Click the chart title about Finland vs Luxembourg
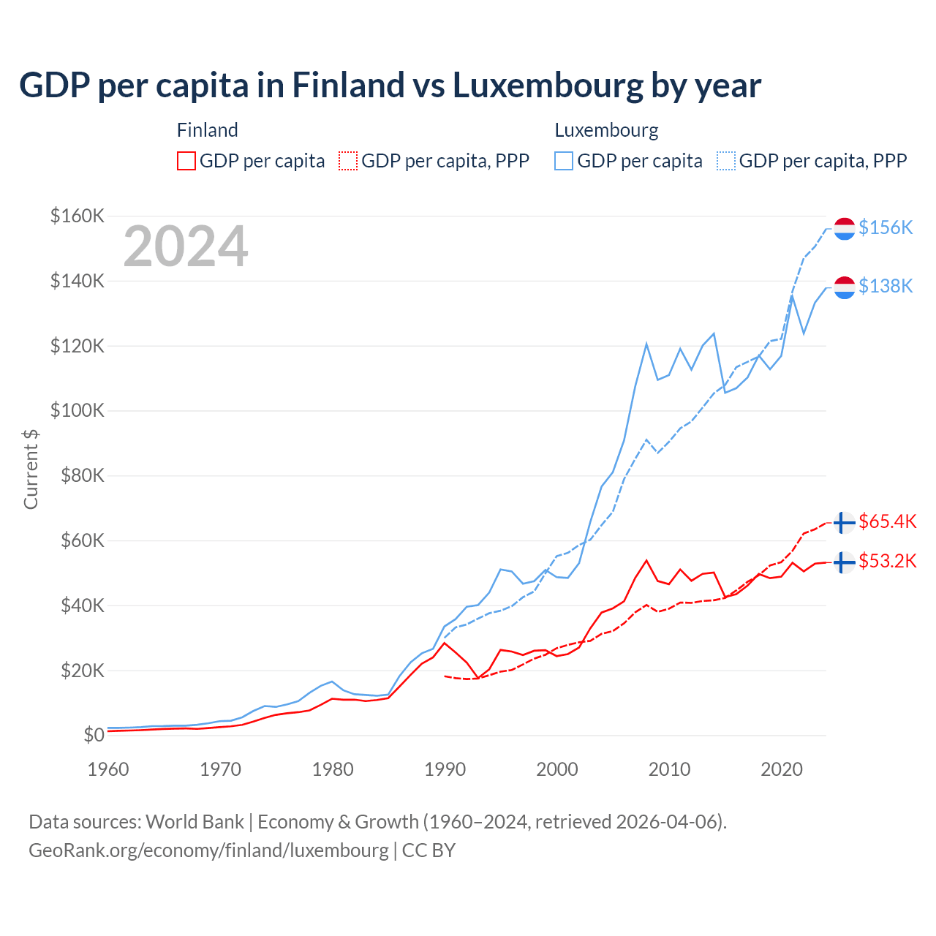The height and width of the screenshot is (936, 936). coord(390,86)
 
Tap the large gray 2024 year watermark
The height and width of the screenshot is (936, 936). coord(186,246)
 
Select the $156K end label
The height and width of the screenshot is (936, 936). coord(886,227)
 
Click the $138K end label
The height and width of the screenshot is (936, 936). coord(886,286)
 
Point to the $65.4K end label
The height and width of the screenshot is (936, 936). coord(887,521)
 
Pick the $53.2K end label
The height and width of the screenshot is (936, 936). coord(887,561)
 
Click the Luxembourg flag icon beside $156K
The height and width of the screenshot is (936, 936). coord(845,228)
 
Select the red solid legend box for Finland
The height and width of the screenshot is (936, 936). coord(186,161)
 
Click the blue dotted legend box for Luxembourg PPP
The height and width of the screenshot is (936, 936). coord(726,161)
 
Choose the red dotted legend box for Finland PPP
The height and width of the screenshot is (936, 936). coord(349,161)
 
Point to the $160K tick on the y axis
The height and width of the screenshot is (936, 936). coord(78,216)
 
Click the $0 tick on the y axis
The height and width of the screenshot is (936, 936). coord(94,735)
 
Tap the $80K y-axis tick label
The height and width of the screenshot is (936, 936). coord(78,475)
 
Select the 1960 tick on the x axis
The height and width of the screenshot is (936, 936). coord(108,769)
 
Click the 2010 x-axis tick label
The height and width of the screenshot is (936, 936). coord(669,769)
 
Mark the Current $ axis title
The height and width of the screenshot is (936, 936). coord(31,469)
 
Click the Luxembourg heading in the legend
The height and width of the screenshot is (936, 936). coord(606,130)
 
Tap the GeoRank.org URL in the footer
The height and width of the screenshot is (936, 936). coord(208,850)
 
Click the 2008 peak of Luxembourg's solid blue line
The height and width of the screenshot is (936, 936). coord(646,344)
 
